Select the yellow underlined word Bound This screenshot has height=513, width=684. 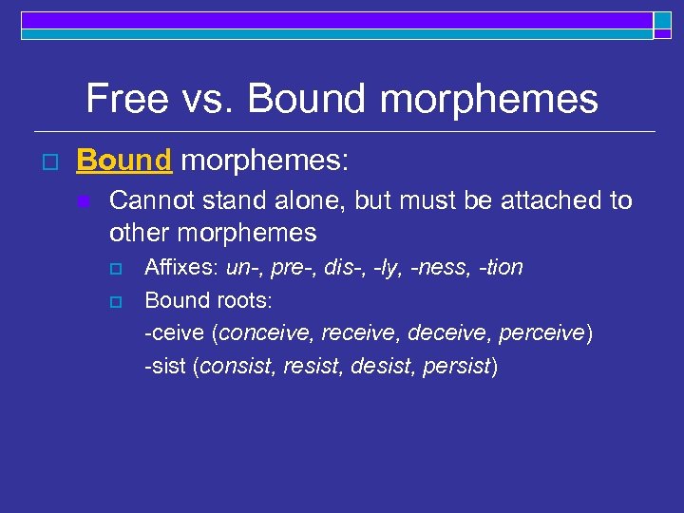(123, 161)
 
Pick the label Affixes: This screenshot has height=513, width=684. (181, 268)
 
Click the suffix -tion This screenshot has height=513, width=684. (503, 268)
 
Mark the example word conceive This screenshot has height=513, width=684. (268, 333)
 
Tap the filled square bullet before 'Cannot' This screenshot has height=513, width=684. (84, 201)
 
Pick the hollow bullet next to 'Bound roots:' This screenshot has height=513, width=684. (118, 301)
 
